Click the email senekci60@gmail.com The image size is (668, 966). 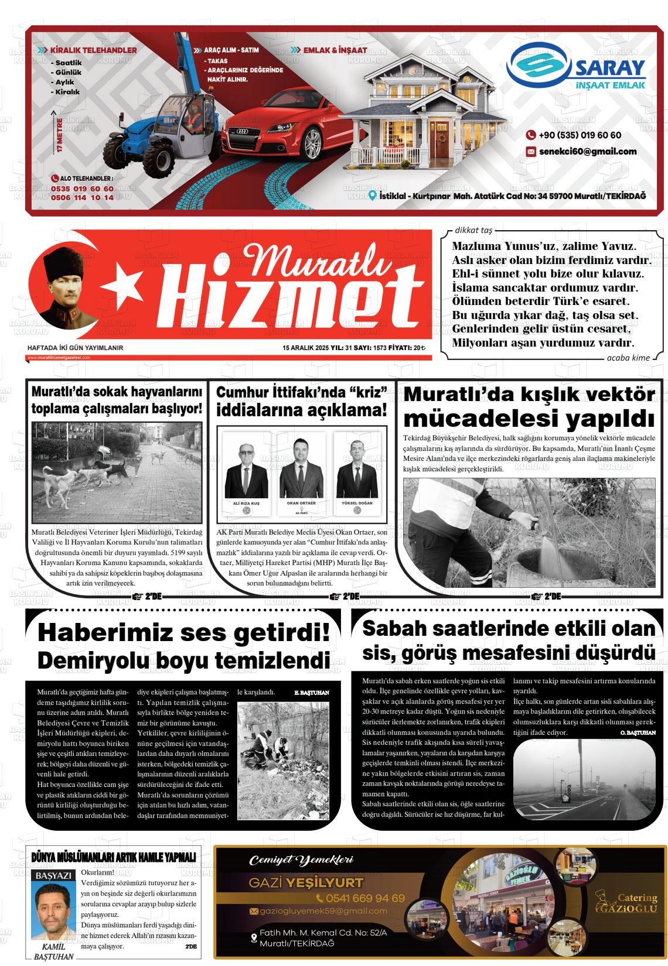[x=587, y=152]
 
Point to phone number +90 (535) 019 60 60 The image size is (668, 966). [x=580, y=135]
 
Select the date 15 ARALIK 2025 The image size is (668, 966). [x=305, y=348]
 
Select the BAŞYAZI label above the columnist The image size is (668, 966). [x=54, y=876]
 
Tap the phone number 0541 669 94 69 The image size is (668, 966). [x=360, y=898]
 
